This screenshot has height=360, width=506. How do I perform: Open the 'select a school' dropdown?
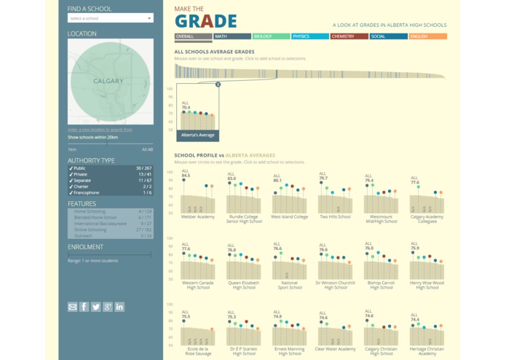tap(110, 18)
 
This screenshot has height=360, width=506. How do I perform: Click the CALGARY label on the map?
tap(108, 81)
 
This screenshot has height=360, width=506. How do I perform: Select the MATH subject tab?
tap(232, 36)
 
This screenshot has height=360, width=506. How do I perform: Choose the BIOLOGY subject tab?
tap(271, 36)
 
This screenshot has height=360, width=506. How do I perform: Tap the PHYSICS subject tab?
tap(309, 36)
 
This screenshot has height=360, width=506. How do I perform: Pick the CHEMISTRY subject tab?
tap(349, 36)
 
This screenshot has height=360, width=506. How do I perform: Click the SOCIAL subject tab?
tap(388, 36)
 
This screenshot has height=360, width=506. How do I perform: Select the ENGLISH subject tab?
tap(427, 36)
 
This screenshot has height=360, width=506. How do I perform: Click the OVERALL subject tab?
tap(193, 36)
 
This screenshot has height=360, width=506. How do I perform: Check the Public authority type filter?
tap(79, 168)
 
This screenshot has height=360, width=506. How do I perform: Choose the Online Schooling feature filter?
tap(92, 230)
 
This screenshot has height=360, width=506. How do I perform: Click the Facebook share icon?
tap(84, 307)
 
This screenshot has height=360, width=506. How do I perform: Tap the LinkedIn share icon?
tap(119, 307)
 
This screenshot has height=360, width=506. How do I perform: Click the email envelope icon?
tap(73, 307)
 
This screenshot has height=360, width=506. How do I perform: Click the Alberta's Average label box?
tap(197, 135)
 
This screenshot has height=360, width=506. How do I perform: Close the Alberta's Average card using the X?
tap(218, 85)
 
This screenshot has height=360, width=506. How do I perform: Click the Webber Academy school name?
tap(197, 216)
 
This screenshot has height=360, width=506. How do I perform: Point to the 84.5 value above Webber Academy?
tap(186, 176)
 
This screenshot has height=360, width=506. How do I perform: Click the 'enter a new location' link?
tap(100, 130)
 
